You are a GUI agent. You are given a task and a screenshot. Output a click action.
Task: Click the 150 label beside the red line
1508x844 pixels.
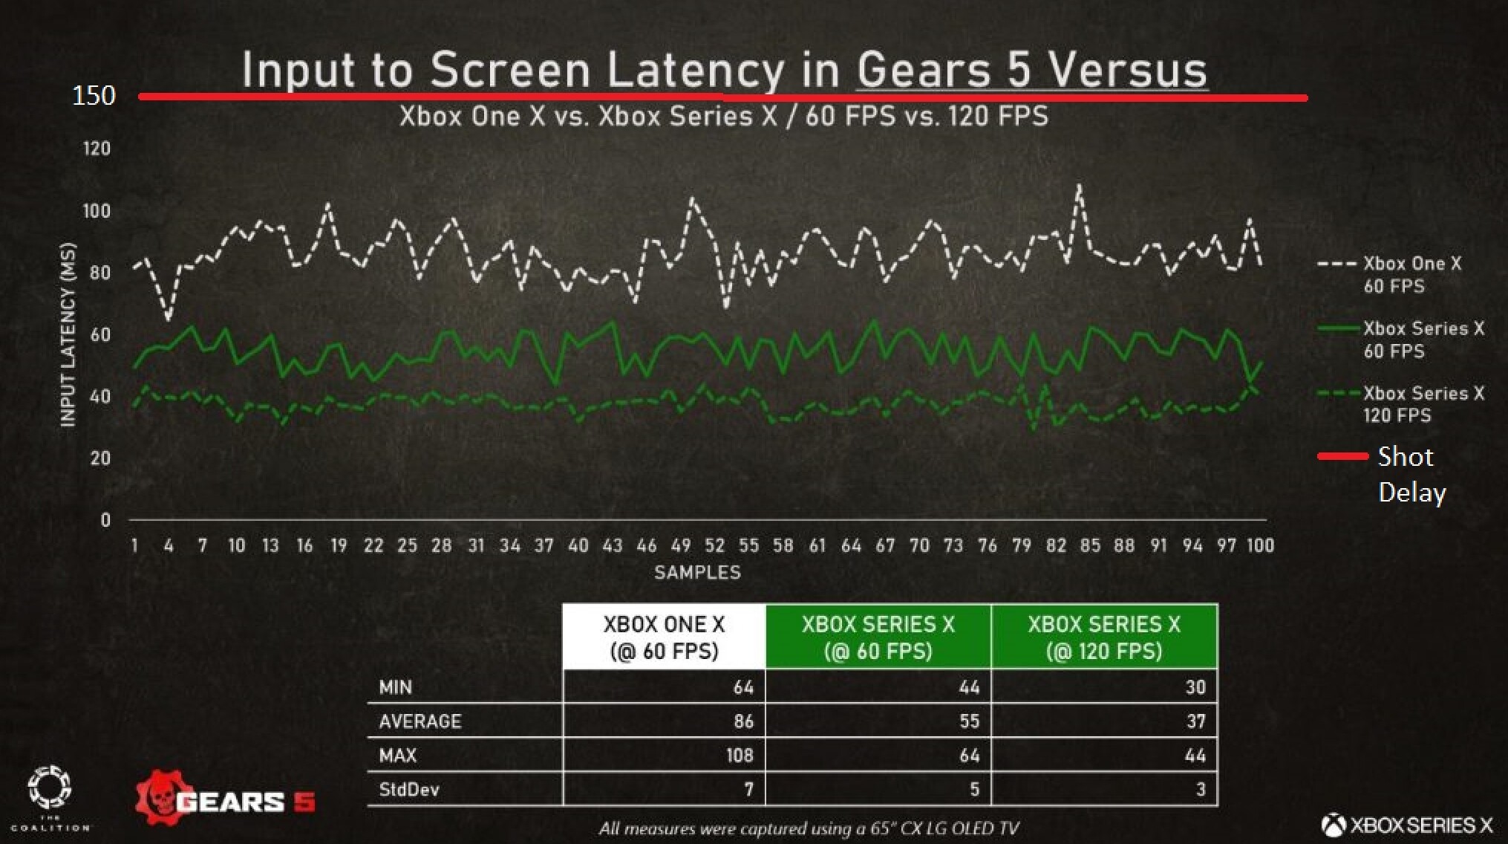(x=94, y=96)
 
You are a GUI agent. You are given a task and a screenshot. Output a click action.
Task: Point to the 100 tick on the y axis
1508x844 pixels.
(x=97, y=211)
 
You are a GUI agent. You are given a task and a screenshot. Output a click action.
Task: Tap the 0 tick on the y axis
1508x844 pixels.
(x=105, y=520)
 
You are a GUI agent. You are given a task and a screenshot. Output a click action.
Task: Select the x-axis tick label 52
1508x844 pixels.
(x=714, y=546)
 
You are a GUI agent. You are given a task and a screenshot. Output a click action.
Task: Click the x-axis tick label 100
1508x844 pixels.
(x=1260, y=546)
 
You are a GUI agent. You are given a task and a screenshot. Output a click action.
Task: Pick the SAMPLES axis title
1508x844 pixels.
(x=697, y=573)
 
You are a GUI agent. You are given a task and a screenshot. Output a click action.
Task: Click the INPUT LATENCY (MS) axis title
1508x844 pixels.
(x=68, y=334)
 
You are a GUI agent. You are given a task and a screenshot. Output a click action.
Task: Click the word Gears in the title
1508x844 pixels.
(x=924, y=71)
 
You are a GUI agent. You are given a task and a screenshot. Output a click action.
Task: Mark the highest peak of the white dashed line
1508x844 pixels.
(x=1079, y=186)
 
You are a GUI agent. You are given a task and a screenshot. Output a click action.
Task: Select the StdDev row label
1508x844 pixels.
(x=409, y=790)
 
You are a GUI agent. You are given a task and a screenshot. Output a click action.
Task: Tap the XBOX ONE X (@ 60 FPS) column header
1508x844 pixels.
(x=664, y=637)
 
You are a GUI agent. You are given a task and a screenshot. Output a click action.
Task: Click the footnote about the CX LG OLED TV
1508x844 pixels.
(x=809, y=828)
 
